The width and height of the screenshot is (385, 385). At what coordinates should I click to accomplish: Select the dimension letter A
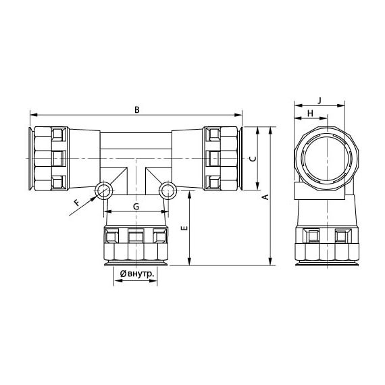coord(265,197)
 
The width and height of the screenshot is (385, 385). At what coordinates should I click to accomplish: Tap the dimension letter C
coord(251,159)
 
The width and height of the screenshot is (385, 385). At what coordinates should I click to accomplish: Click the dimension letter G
coord(136,206)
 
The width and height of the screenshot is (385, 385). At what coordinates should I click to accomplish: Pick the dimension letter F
coord(76,202)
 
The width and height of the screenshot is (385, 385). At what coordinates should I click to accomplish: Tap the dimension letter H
coord(310,113)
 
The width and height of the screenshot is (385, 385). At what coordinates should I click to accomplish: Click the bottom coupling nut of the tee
coord(136,244)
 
